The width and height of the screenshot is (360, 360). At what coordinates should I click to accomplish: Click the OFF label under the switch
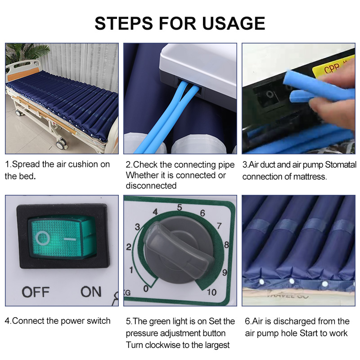click(36, 292)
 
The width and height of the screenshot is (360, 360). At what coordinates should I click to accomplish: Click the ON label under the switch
click(91, 292)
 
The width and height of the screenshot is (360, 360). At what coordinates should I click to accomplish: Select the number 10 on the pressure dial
click(211, 292)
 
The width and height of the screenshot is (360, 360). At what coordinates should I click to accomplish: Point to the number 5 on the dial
click(179, 207)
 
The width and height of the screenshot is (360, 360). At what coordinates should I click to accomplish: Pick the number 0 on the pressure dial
click(145, 288)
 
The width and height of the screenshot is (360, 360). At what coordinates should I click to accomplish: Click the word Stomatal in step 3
click(338, 165)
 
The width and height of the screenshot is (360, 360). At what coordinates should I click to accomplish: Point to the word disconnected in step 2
click(151, 186)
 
